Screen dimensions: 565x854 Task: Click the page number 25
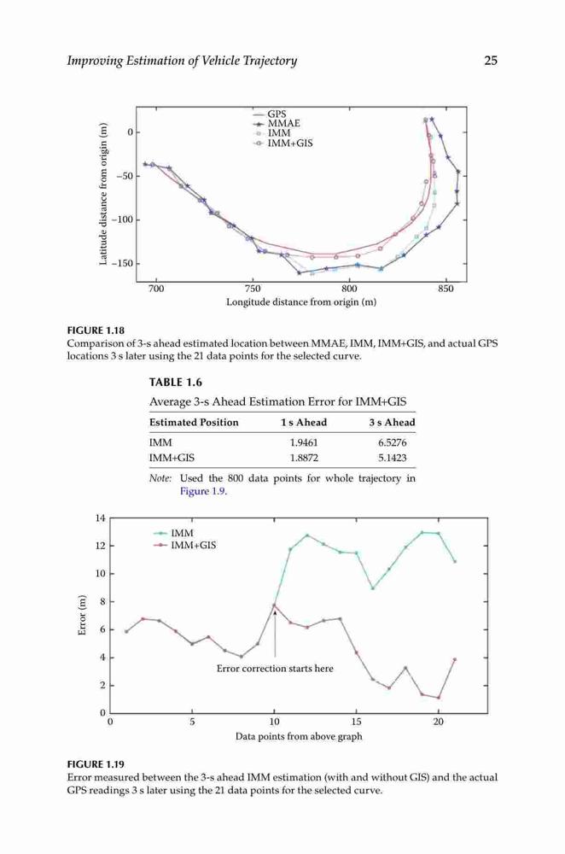coord(491,61)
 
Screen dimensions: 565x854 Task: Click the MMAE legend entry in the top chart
coord(277,124)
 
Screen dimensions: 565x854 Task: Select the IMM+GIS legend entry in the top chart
coord(283,143)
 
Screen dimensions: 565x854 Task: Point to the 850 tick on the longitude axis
coord(446,289)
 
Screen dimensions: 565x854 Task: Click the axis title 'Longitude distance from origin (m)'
coord(301,301)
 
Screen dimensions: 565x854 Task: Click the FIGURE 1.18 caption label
coord(96,330)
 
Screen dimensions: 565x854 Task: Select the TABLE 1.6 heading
coord(176,383)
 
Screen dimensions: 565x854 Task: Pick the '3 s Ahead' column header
coord(392,422)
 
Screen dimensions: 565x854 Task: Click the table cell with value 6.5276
coord(393,442)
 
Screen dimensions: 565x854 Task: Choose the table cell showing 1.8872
coord(304,458)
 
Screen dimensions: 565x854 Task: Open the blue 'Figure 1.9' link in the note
coord(203,491)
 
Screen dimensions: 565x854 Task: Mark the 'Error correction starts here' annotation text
coord(275,669)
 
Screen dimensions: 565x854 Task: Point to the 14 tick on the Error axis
coord(100,518)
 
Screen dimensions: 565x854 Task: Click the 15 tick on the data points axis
coord(357,722)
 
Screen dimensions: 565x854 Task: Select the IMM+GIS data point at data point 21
coord(455,659)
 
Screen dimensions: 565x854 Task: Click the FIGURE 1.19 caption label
coord(96,764)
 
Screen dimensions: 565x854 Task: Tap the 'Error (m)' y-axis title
coord(82,615)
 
